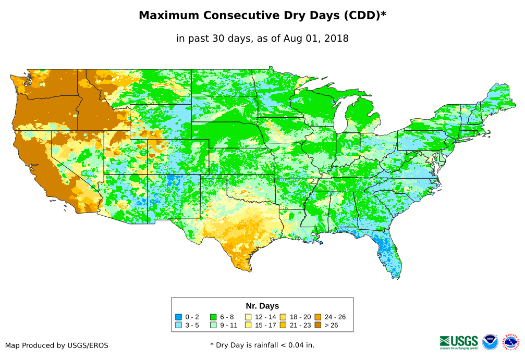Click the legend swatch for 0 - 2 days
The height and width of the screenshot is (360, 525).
tap(178, 317)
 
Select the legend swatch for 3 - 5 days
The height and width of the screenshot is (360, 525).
tap(178, 325)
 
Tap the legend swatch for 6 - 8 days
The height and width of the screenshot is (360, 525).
tap(213, 317)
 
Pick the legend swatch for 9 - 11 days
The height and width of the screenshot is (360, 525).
tap(213, 325)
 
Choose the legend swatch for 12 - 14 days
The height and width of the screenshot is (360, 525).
tap(249, 317)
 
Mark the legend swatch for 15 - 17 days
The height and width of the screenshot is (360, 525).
tap(249, 325)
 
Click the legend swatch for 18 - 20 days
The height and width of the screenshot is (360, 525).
tap(283, 317)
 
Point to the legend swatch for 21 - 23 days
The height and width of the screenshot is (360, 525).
tap(283, 325)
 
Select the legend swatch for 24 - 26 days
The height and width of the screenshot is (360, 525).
tap(318, 317)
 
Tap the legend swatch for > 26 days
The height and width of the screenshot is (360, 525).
tap(318, 325)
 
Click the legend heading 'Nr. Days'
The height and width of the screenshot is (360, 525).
tap(262, 306)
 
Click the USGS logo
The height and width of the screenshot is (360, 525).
tap(459, 341)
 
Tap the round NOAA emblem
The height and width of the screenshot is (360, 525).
tap(490, 342)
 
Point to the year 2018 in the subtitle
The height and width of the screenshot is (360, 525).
tap(336, 38)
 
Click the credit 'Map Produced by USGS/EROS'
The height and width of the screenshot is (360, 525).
tap(57, 345)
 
